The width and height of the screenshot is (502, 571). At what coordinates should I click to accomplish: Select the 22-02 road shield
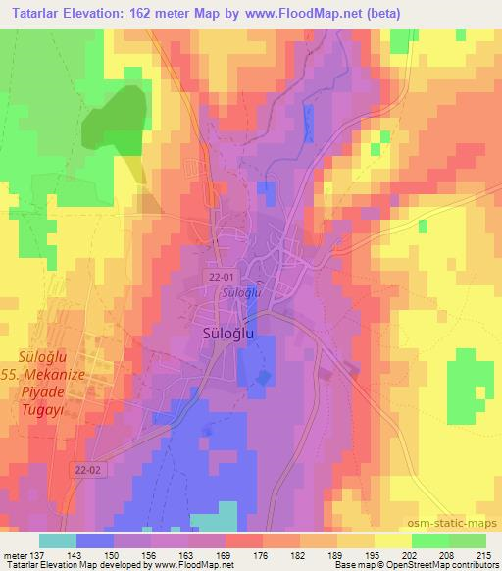[87, 471]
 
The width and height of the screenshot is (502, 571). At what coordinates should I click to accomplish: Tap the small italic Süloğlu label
[238, 292]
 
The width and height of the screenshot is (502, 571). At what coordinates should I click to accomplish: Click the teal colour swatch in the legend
[58, 541]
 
